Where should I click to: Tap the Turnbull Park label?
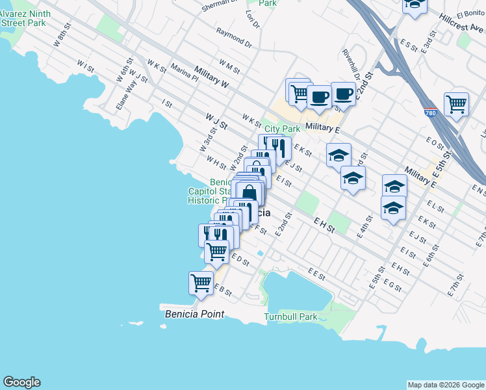(290, 317)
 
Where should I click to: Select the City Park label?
(282, 129)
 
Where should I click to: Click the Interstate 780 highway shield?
(430, 112)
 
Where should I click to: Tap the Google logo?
(21, 382)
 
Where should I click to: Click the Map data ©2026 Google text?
(446, 385)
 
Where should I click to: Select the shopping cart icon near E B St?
(201, 283)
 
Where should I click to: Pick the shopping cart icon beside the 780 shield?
(456, 103)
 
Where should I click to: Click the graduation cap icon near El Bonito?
(415, 5)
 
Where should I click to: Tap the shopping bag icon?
(249, 192)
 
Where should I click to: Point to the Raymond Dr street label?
(234, 37)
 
